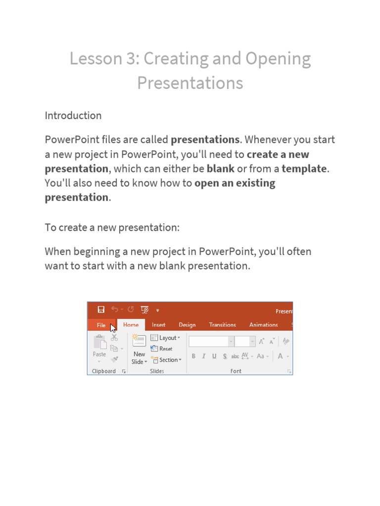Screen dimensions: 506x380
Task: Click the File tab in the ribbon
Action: [101, 325]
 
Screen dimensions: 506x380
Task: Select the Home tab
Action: [131, 325]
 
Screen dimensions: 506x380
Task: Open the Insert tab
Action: [159, 325]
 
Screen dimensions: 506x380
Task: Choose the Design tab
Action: [187, 325]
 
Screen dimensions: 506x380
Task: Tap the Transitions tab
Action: [222, 325]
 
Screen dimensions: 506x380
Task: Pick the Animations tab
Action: [263, 325]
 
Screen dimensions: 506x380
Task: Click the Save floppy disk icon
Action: [101, 310]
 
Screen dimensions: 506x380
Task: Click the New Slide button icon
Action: [140, 341]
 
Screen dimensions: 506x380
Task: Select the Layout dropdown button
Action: [165, 338]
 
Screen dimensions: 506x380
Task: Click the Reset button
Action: [162, 349]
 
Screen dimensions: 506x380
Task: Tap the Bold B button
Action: [193, 356]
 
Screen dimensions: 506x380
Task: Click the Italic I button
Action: [203, 356]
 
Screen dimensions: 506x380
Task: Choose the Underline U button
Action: [214, 356]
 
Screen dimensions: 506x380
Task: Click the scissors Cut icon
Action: [114, 337]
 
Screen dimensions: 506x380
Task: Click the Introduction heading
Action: [73, 116]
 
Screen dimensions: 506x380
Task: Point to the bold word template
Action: [304, 169]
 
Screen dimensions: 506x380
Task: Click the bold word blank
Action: [220, 169]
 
